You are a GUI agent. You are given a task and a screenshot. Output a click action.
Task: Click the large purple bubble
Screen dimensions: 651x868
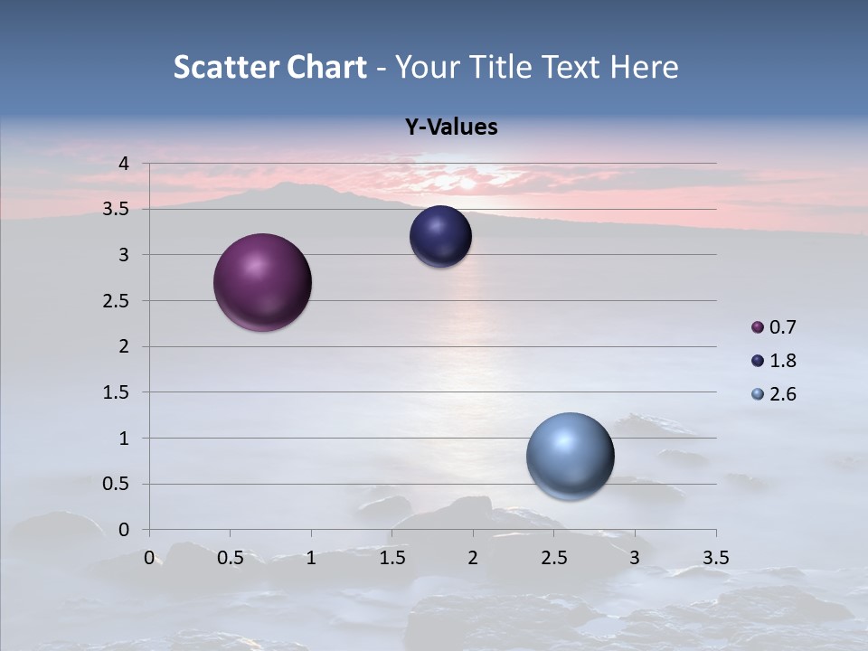[262, 282]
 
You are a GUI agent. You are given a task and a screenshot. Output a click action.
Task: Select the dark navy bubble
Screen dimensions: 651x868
[440, 237]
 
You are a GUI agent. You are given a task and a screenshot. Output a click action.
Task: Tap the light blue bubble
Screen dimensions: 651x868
[570, 456]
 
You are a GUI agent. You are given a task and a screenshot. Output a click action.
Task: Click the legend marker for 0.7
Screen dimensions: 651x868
[758, 327]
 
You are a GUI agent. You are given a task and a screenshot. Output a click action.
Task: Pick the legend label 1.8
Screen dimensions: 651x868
[783, 361]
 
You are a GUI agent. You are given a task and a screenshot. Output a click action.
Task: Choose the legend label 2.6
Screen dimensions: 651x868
[783, 394]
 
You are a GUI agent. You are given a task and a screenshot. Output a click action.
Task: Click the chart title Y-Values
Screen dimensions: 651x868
[451, 127]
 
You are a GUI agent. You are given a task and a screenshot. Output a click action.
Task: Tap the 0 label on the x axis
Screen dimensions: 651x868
[150, 557]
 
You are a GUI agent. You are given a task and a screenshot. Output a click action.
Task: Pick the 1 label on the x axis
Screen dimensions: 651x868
[311, 557]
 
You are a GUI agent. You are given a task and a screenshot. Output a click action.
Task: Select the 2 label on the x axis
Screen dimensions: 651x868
[473, 557]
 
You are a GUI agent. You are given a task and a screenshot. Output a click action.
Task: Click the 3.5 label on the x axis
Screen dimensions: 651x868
[715, 557]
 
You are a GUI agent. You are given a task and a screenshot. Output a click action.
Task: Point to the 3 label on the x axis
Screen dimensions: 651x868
[635, 557]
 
